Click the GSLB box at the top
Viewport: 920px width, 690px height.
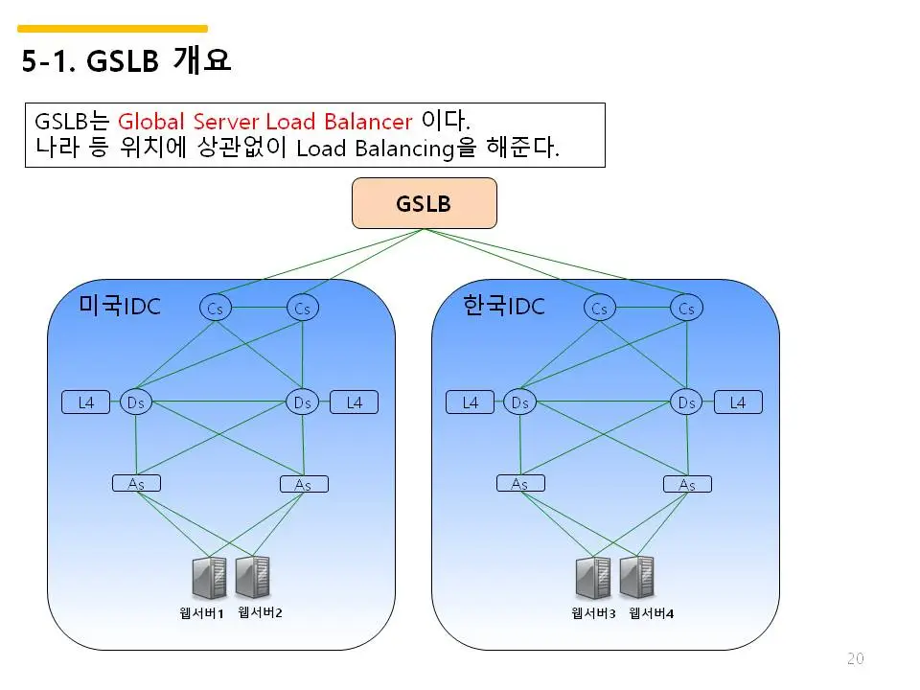(x=424, y=203)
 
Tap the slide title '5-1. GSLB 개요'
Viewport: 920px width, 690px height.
(x=126, y=62)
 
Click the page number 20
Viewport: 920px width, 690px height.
(x=856, y=657)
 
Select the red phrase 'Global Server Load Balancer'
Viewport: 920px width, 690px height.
(x=264, y=122)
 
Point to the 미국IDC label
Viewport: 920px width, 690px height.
(x=120, y=306)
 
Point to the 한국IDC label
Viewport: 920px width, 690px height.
(x=503, y=306)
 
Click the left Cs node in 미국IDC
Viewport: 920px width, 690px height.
(x=216, y=308)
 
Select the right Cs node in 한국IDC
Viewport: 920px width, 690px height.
(x=686, y=308)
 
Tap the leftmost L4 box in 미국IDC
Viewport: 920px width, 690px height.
(x=85, y=402)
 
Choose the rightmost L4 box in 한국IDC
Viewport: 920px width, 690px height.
(x=737, y=402)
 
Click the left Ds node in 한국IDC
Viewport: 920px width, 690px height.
(x=519, y=402)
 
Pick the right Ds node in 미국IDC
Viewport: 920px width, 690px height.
(x=303, y=402)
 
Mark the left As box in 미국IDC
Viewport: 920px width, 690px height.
(x=136, y=483)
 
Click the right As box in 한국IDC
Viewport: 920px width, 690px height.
(x=686, y=485)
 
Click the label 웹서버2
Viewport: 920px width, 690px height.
(x=260, y=612)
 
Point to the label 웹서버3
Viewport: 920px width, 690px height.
(x=593, y=613)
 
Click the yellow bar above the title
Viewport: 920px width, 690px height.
(x=112, y=29)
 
